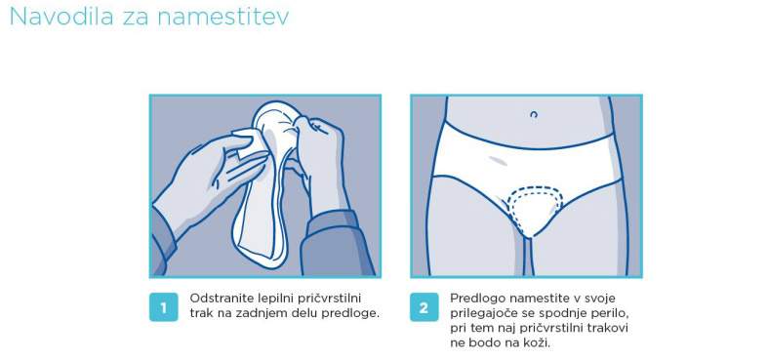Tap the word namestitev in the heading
(222, 17)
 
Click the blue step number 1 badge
(163, 307)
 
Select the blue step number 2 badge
(424, 307)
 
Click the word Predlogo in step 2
(472, 299)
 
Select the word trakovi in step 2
(610, 328)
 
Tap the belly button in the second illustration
(534, 114)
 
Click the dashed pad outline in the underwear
(535, 187)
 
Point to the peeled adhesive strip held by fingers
(250, 145)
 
